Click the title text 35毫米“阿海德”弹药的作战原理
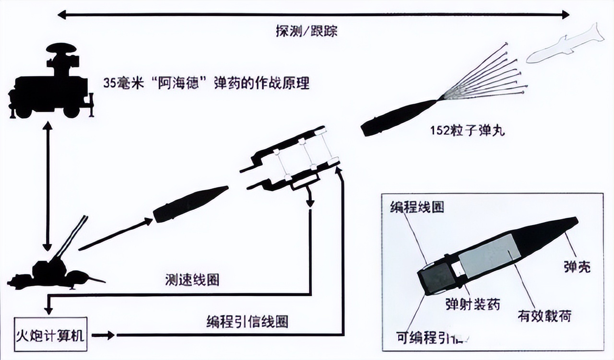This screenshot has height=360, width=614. pyautogui.click(x=206, y=83)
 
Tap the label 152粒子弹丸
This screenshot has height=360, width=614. pyautogui.click(x=467, y=131)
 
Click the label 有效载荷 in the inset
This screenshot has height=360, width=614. pyautogui.click(x=544, y=315)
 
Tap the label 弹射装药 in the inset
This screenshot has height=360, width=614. pyautogui.click(x=472, y=304)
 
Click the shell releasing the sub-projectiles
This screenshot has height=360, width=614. pyautogui.click(x=398, y=118)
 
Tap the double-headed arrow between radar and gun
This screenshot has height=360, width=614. pyautogui.click(x=47, y=187)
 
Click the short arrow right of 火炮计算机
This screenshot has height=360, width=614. pyautogui.click(x=103, y=335)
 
